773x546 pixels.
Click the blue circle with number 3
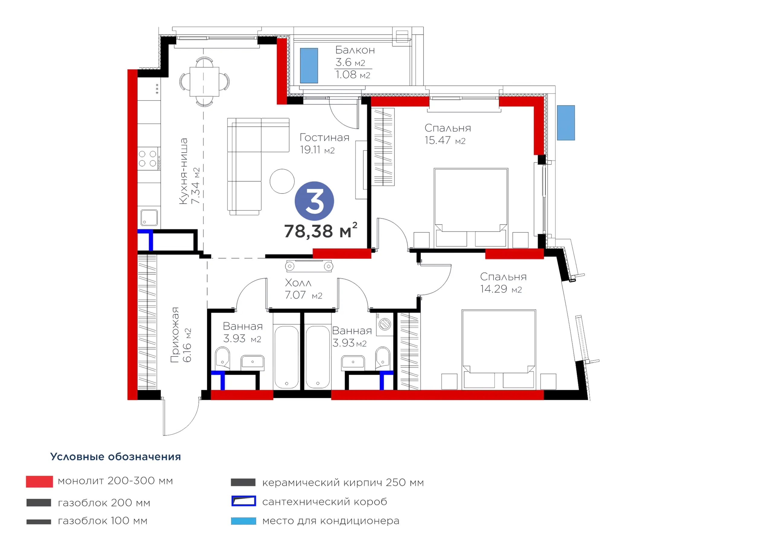pyautogui.click(x=314, y=201)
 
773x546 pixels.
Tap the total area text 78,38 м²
pyautogui.click(x=320, y=231)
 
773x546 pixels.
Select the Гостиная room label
pyautogui.click(x=324, y=138)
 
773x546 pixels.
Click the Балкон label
pyautogui.click(x=355, y=50)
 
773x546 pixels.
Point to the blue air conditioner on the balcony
pyautogui.click(x=309, y=65)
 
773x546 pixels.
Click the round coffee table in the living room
pyautogui.click(x=282, y=181)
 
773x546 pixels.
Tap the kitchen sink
pyautogui.click(x=149, y=218)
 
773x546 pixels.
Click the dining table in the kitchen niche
pyautogui.click(x=204, y=82)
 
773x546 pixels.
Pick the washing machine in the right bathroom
pyautogui.click(x=384, y=324)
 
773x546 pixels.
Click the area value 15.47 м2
pyautogui.click(x=445, y=140)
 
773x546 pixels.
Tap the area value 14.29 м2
pyautogui.click(x=501, y=289)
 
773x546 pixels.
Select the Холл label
pyautogui.click(x=298, y=283)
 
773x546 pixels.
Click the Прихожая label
pyautogui.click(x=175, y=335)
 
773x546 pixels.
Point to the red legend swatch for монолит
pyautogui.click(x=39, y=482)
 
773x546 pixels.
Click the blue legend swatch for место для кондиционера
pyautogui.click(x=243, y=521)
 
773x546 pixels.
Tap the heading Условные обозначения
pyautogui.click(x=115, y=456)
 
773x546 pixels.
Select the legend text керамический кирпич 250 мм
pyautogui.click(x=343, y=483)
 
